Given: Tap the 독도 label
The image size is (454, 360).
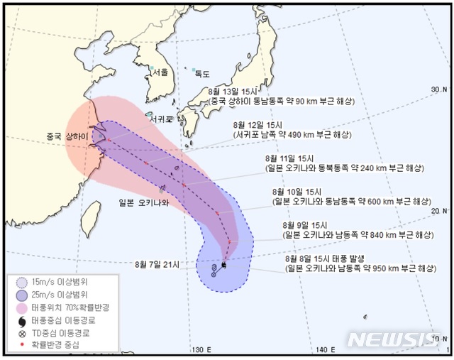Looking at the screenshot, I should point(202,73).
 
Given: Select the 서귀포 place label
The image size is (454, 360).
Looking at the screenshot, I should point(163,119).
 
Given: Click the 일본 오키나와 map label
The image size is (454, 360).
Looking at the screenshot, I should point(145,202).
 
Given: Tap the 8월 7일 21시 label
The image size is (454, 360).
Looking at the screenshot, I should point(160,265).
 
